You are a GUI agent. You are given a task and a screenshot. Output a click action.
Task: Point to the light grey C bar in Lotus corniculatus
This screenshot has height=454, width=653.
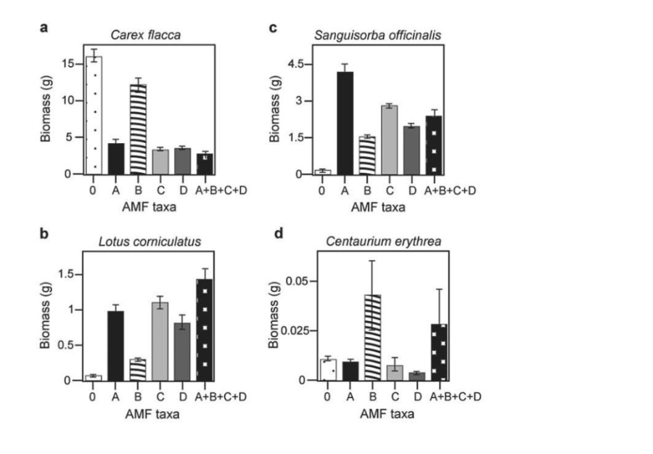point(160,341)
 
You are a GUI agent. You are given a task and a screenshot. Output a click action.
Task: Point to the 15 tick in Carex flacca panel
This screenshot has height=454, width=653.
point(69,64)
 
